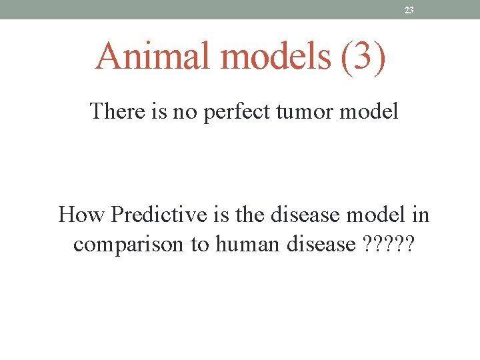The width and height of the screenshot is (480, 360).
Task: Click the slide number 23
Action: (409, 10)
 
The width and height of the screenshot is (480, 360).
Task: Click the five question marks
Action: (389, 244)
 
